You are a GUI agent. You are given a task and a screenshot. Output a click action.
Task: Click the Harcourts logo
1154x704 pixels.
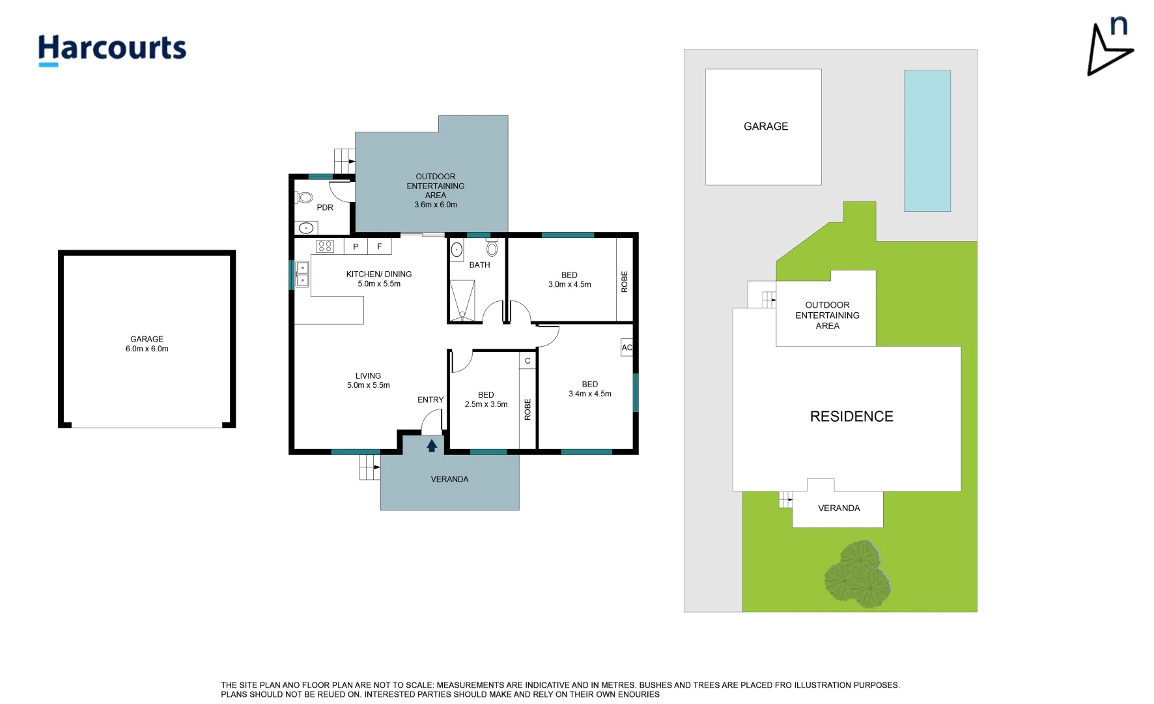point(112,49)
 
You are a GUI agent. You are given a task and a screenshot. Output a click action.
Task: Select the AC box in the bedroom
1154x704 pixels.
point(626,347)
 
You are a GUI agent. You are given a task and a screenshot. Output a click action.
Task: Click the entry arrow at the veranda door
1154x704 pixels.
point(432,446)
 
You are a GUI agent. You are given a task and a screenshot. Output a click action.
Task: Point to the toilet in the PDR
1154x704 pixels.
point(305,197)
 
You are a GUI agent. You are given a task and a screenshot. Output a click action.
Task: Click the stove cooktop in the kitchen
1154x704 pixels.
point(325,246)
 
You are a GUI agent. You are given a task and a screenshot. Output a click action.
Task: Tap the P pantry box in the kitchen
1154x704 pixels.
point(356,246)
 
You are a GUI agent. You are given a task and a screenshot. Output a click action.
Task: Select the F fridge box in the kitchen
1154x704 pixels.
point(380,246)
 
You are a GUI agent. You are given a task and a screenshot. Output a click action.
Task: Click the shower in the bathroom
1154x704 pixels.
point(462,301)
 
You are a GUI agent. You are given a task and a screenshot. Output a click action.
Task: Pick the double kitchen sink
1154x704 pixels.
point(302,274)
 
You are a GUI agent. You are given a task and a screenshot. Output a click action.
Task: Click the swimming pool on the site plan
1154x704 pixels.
point(927,141)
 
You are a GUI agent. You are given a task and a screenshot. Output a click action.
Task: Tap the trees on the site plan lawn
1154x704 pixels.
point(858,575)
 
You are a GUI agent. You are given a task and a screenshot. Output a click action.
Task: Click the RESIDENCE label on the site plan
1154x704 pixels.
point(851,417)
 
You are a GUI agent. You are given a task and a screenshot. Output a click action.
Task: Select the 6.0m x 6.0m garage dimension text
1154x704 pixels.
point(147,349)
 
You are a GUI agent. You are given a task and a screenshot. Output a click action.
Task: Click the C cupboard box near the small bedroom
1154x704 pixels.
point(528,360)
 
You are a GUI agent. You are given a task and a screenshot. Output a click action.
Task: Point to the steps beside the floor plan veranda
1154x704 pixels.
point(369,467)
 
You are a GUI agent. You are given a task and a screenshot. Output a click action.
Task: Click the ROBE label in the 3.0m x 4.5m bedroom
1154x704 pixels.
point(625,282)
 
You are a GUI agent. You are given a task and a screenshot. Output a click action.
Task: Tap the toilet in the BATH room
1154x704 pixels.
point(492,248)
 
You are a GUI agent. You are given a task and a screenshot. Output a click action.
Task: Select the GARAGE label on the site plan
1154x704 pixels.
point(766,126)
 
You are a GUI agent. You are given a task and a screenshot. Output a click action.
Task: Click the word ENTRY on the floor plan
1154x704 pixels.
point(430,400)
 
